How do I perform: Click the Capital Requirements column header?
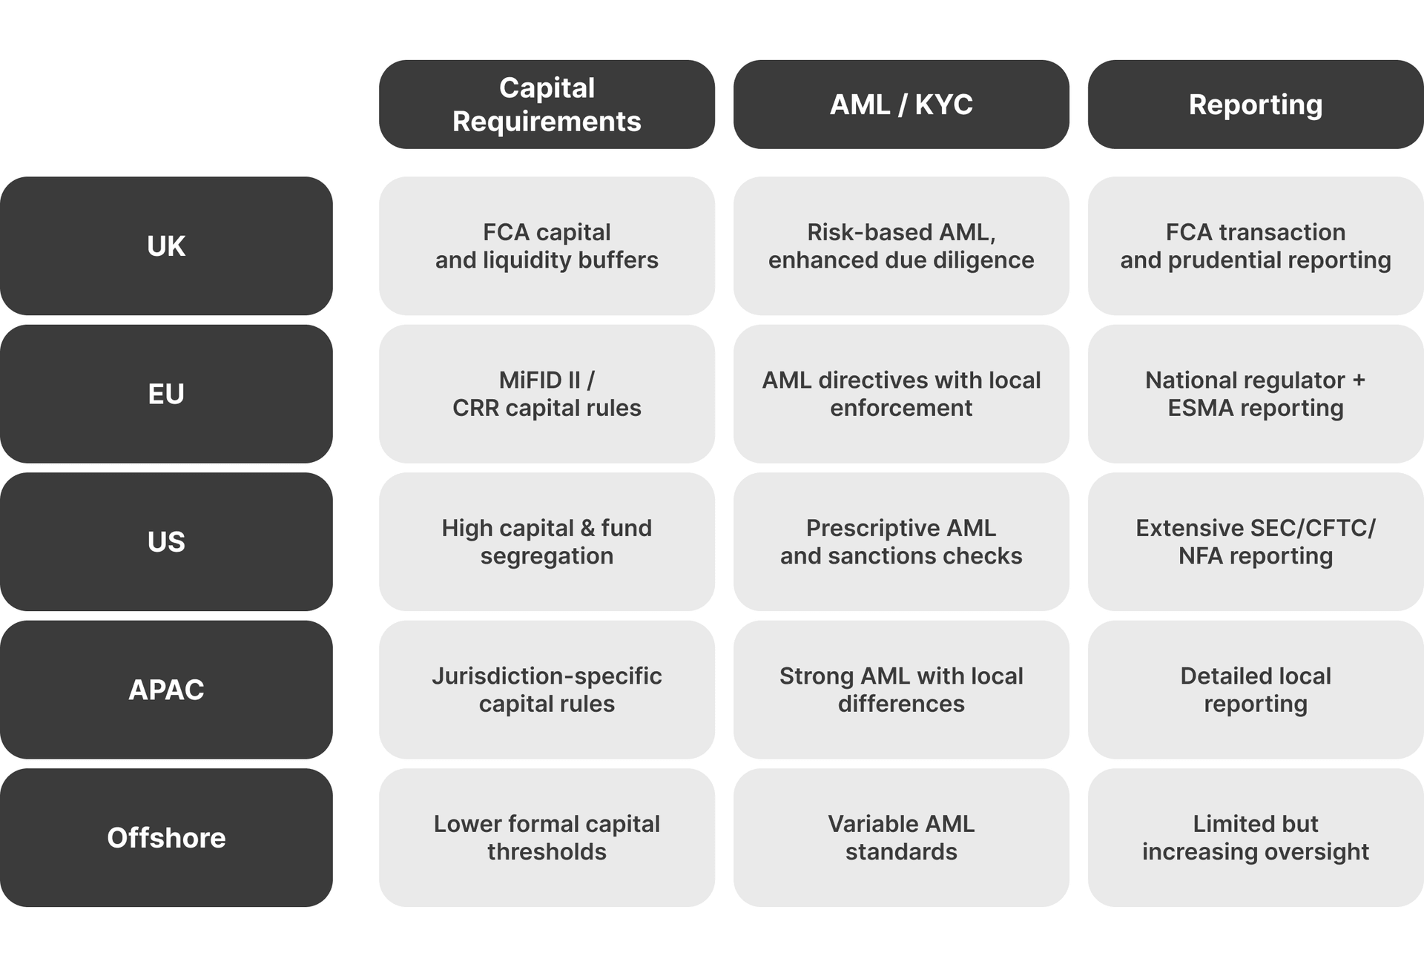tap(547, 105)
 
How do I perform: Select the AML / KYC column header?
tap(901, 105)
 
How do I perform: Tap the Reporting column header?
tap(1255, 105)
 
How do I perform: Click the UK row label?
tap(166, 245)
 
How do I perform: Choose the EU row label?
tap(166, 394)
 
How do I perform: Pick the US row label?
tap(166, 541)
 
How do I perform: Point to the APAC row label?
tap(166, 690)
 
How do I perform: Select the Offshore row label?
tap(166, 837)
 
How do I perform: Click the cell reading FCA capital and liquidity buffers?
tap(547, 245)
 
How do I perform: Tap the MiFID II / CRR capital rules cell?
tap(547, 394)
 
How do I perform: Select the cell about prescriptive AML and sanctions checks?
tap(901, 541)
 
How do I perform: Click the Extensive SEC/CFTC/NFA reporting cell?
tap(1255, 541)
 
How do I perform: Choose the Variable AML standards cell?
tap(901, 837)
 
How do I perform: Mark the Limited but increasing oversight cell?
tap(1255, 837)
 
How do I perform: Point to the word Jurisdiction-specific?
tap(547, 676)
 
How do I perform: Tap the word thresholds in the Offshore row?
tap(547, 851)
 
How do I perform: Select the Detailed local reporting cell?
tap(1255, 690)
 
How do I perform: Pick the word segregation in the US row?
tap(547, 556)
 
